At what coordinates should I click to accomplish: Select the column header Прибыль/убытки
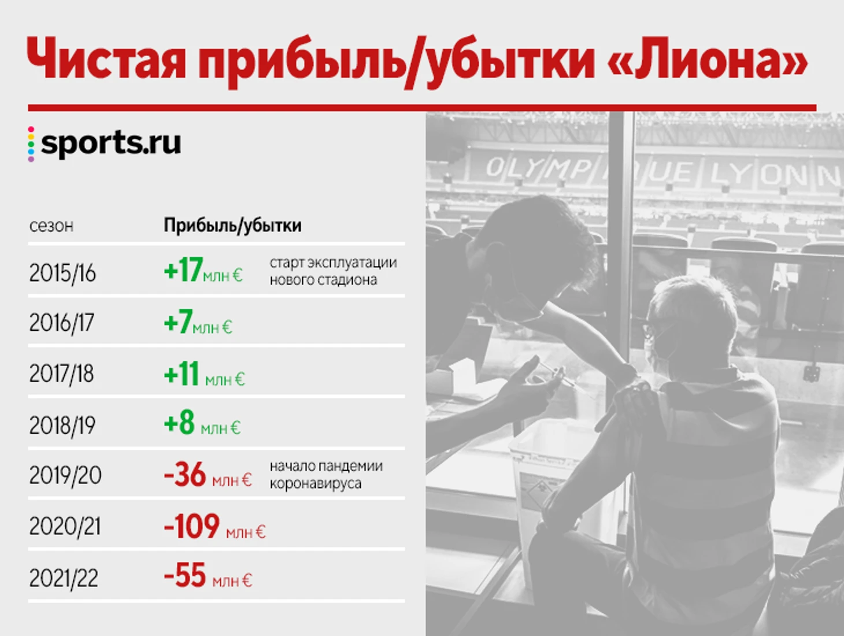point(232,225)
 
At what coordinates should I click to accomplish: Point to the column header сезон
point(51,226)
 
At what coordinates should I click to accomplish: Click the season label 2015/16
point(62,273)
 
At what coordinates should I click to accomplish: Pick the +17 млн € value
point(203,271)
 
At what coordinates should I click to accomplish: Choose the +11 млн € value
point(204,374)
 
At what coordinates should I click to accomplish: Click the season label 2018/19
point(62,426)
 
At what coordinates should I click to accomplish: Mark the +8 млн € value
point(202,423)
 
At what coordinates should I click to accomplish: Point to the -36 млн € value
point(208,475)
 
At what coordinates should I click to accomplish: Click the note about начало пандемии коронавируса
point(326,475)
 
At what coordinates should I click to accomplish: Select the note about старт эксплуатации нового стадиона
point(334,271)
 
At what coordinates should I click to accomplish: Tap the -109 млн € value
point(214,526)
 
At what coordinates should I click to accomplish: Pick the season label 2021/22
point(64,578)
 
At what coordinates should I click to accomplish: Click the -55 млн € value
point(208,575)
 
